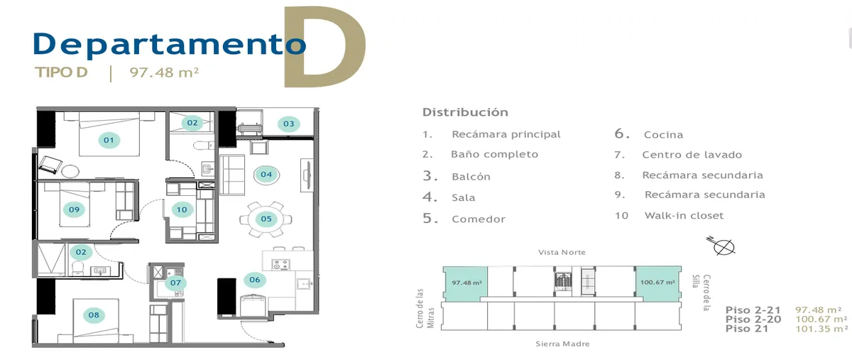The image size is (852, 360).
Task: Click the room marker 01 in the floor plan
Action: (x=109, y=140)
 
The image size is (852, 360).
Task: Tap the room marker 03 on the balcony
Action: (x=289, y=124)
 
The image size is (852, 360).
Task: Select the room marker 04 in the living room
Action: (x=266, y=175)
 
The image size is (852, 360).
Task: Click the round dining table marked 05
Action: (x=266, y=219)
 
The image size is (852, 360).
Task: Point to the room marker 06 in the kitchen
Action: (x=254, y=280)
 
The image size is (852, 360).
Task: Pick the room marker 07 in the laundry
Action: (x=175, y=283)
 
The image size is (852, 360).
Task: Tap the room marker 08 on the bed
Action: (x=94, y=315)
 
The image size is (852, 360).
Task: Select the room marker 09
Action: (x=74, y=209)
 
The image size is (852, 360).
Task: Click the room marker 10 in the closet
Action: (x=182, y=209)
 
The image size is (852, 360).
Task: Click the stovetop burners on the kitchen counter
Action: (x=280, y=264)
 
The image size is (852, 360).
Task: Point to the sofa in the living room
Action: (x=232, y=175)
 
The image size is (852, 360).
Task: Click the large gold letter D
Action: (x=325, y=46)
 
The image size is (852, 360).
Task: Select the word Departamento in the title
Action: (x=170, y=45)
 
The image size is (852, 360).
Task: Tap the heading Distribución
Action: (x=465, y=112)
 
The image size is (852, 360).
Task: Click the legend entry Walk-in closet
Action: (x=684, y=215)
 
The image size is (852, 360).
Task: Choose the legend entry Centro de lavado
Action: (x=692, y=155)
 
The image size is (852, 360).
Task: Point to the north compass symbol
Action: (x=722, y=246)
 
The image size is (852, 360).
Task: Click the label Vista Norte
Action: (x=562, y=252)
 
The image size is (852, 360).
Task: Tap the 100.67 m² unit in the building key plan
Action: (x=658, y=283)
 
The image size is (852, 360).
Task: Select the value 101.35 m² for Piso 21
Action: (x=821, y=329)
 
